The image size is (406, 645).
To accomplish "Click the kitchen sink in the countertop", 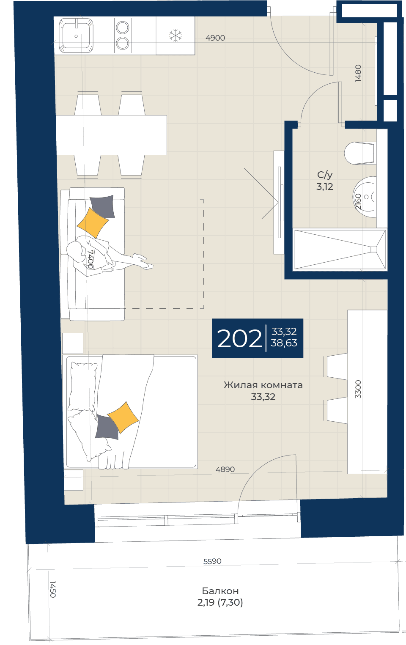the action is click(x=76, y=36).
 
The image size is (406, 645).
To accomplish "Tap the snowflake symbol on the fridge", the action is click(x=176, y=36).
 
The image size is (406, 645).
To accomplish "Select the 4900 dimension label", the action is click(x=215, y=38).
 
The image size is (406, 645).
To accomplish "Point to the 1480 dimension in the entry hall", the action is click(x=358, y=73).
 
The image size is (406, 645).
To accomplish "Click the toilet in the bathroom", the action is click(x=360, y=153).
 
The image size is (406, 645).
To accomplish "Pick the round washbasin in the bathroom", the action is click(x=365, y=197).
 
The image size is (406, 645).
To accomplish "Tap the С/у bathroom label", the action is click(x=325, y=175).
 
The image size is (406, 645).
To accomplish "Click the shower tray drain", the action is click(x=373, y=250).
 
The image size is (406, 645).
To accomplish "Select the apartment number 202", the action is click(x=239, y=339).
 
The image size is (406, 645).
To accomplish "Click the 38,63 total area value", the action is click(x=284, y=343).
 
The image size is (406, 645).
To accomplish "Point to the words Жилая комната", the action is click(x=263, y=385).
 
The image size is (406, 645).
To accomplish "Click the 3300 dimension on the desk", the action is click(x=358, y=389).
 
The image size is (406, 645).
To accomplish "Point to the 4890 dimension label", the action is click(x=225, y=469).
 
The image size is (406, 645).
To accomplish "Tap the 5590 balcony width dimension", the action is click(x=212, y=561).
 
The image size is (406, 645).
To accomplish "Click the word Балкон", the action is click(x=220, y=591).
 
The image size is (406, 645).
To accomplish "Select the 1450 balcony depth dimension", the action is click(x=53, y=589).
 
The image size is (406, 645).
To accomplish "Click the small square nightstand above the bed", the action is click(x=73, y=343).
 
